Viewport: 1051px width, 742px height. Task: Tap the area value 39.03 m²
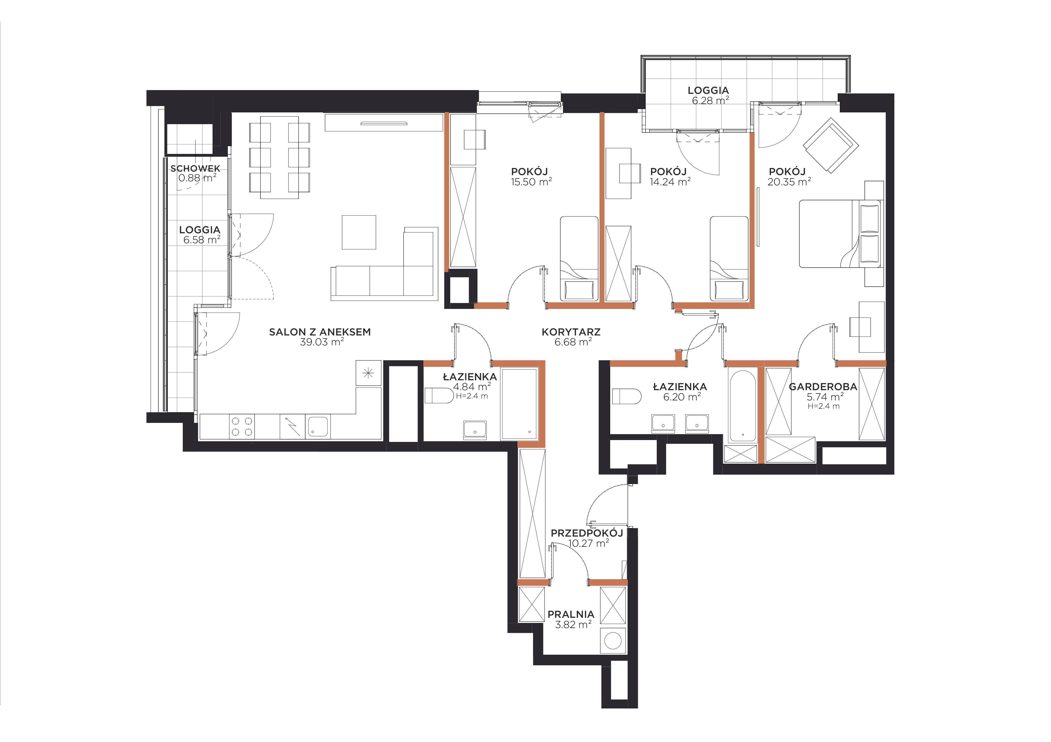(x=322, y=342)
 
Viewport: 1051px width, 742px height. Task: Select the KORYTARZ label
(x=571, y=332)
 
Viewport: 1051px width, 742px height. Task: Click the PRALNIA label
(x=571, y=614)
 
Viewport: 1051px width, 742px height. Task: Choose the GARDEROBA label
(x=823, y=387)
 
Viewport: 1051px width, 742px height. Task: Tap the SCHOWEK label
(x=195, y=169)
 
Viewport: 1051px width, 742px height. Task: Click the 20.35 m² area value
(x=789, y=182)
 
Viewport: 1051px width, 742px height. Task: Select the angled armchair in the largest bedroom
(x=831, y=145)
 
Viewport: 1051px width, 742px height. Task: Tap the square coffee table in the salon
(x=359, y=232)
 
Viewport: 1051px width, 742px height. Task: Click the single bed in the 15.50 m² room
(x=579, y=259)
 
